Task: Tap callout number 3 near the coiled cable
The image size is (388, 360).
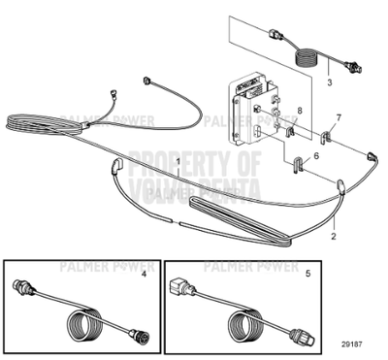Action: coord(329,84)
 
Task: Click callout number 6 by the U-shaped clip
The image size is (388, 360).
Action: coord(316,154)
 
